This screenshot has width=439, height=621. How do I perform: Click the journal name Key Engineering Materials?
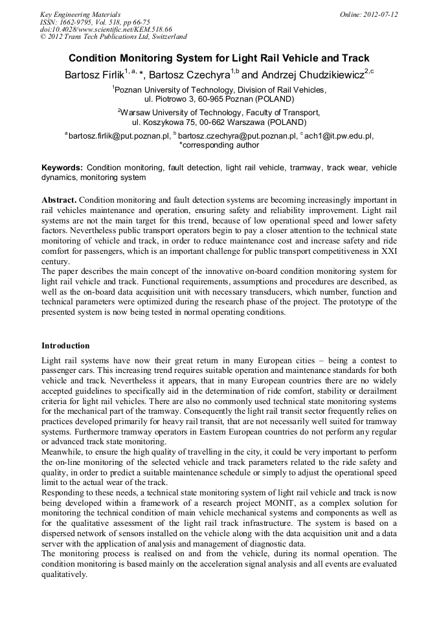coord(80,14)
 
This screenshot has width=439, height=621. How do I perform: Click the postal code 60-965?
coord(201,100)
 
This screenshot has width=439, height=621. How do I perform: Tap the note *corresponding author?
coord(219,145)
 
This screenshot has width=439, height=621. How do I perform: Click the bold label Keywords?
coord(62,167)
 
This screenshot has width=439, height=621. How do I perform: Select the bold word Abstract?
coord(59,199)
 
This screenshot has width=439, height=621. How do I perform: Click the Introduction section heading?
coord(65,346)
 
